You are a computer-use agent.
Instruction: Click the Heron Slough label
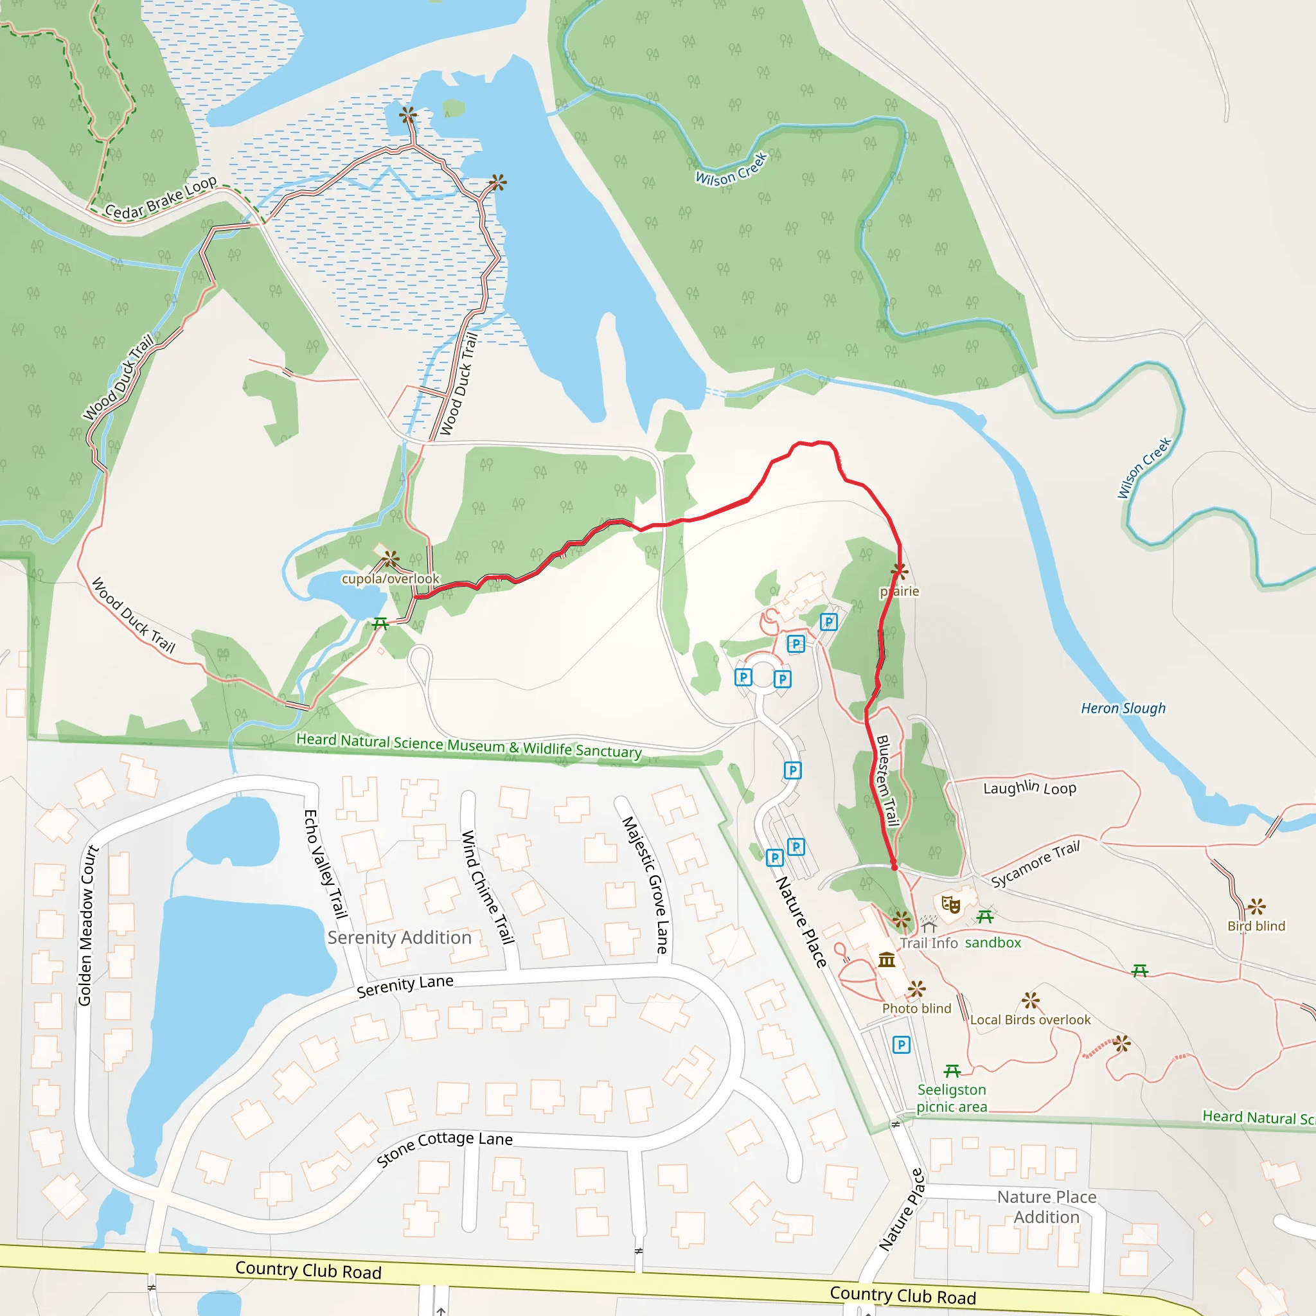(1123, 708)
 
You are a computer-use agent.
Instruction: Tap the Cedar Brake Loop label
(161, 198)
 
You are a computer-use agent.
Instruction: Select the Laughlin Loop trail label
(1029, 788)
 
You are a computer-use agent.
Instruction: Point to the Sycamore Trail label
(1035, 864)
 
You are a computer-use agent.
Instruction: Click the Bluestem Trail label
(887, 781)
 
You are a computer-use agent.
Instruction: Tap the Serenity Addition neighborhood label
(399, 938)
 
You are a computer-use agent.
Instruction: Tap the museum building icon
(886, 959)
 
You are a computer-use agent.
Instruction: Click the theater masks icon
(950, 905)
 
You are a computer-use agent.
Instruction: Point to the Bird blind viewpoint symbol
(1256, 907)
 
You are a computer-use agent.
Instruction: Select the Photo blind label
(916, 1008)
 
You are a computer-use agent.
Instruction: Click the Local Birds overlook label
(1030, 1020)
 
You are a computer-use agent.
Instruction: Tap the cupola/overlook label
(390, 579)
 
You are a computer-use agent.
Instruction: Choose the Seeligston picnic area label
(952, 1098)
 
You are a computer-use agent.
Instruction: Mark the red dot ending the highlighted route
(894, 867)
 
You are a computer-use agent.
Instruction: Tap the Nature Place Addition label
(1046, 1206)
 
